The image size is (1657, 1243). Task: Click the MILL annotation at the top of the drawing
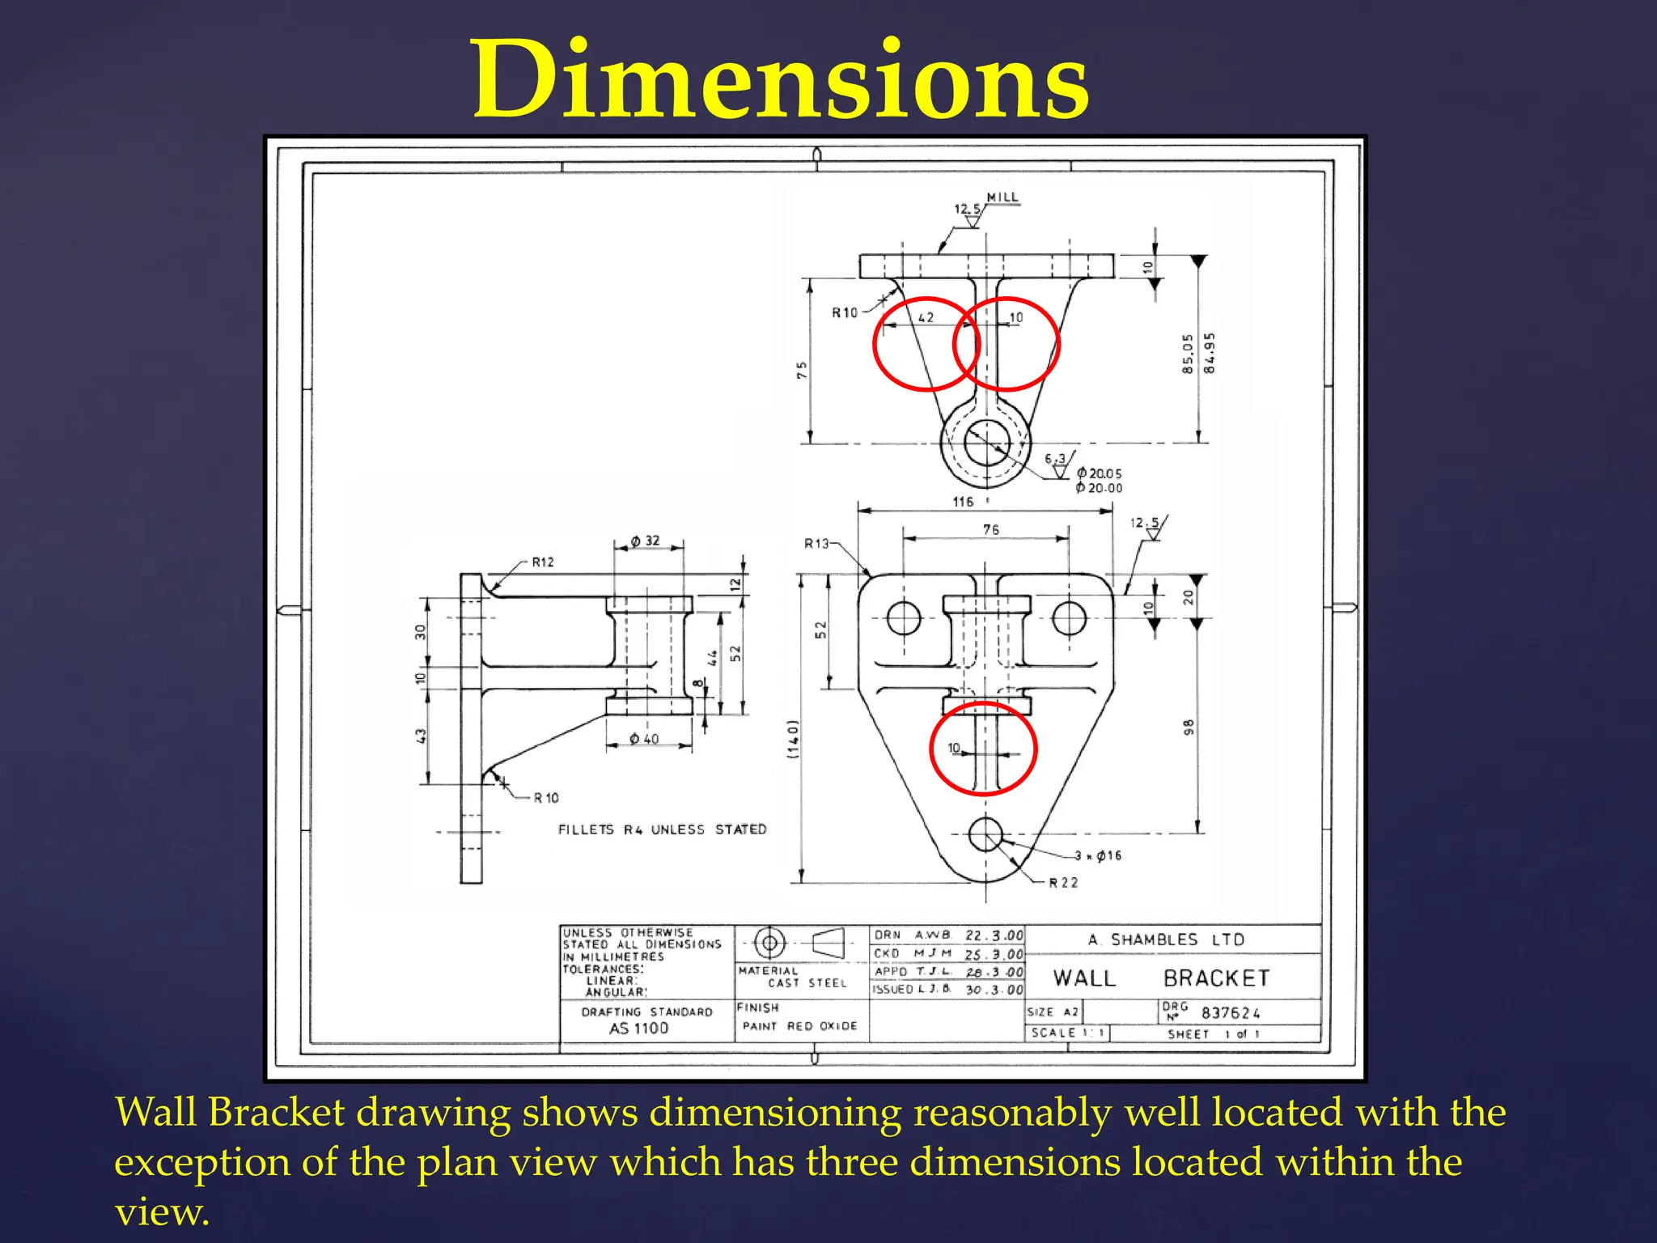[1002, 197]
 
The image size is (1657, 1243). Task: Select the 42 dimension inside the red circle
[926, 317]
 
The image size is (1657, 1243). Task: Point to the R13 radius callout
[816, 544]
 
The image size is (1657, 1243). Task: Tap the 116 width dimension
[963, 502]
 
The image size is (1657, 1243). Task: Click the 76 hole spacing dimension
[991, 529]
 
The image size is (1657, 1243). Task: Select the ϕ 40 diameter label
[644, 739]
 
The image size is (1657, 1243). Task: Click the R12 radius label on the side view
[543, 562]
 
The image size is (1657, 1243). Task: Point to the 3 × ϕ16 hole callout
[1098, 855]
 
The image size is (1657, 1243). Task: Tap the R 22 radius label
[1063, 883]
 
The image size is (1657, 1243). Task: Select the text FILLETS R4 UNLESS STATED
[662, 829]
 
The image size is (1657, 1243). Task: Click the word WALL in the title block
[1084, 978]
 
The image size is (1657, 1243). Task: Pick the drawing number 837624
[1231, 1013]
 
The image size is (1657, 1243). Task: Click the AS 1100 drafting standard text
[638, 1029]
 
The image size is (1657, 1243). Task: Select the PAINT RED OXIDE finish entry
[799, 1026]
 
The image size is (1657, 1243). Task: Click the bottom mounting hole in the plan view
[985, 834]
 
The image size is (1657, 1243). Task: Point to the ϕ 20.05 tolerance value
[1100, 473]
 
